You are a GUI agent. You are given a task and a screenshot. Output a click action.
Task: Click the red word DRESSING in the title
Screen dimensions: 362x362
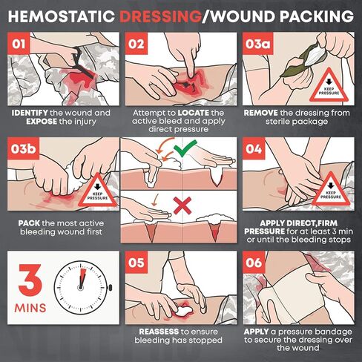pyautogui.click(x=160, y=16)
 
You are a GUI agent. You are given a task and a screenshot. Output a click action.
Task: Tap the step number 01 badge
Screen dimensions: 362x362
pyautogui.click(x=19, y=44)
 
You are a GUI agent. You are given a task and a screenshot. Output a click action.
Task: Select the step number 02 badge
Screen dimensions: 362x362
pyautogui.click(x=136, y=44)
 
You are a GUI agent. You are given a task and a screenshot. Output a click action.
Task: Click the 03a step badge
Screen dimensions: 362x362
pyautogui.click(x=257, y=44)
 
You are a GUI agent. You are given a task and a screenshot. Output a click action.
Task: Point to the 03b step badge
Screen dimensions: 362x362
pyautogui.click(x=23, y=148)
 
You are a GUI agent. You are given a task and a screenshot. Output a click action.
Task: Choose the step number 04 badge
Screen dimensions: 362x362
pyautogui.click(x=254, y=148)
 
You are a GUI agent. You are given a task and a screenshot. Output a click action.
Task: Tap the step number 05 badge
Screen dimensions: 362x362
pyautogui.click(x=136, y=262)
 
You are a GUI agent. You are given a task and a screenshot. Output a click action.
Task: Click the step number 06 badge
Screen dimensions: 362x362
pyautogui.click(x=254, y=262)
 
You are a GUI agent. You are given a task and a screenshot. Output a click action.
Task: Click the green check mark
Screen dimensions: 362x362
pyautogui.click(x=185, y=148)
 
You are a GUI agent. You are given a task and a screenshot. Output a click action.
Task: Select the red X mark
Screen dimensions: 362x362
pyautogui.click(x=182, y=205)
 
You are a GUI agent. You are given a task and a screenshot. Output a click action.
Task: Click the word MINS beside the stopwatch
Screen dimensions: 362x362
pyautogui.click(x=30, y=308)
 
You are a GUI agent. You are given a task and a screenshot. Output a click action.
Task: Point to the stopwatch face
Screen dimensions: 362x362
pyautogui.click(x=81, y=288)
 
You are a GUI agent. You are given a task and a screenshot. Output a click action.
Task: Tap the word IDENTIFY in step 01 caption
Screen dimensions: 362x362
pyautogui.click(x=30, y=113)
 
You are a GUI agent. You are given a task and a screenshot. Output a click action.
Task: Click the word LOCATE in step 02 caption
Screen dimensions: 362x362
pyautogui.click(x=194, y=113)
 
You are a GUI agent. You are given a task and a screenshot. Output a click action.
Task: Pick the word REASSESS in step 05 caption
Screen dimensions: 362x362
pyautogui.click(x=159, y=332)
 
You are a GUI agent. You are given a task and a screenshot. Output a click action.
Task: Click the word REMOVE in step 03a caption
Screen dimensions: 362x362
pyautogui.click(x=260, y=113)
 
